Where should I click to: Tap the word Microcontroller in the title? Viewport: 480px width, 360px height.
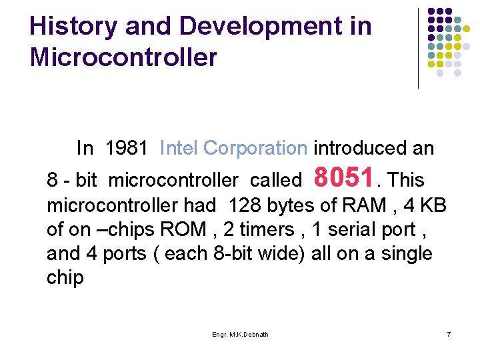[x=123, y=57]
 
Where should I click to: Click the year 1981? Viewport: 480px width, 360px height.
[x=127, y=148]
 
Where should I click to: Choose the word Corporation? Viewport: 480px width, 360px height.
[x=255, y=148]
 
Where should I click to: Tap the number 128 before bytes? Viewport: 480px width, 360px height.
[x=244, y=205]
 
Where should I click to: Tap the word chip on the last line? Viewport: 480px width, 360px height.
[x=65, y=278]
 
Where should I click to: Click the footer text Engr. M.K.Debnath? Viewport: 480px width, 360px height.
[x=240, y=334]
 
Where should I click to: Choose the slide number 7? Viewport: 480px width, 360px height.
[x=449, y=334]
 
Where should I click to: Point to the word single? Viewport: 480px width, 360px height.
[x=406, y=254]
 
